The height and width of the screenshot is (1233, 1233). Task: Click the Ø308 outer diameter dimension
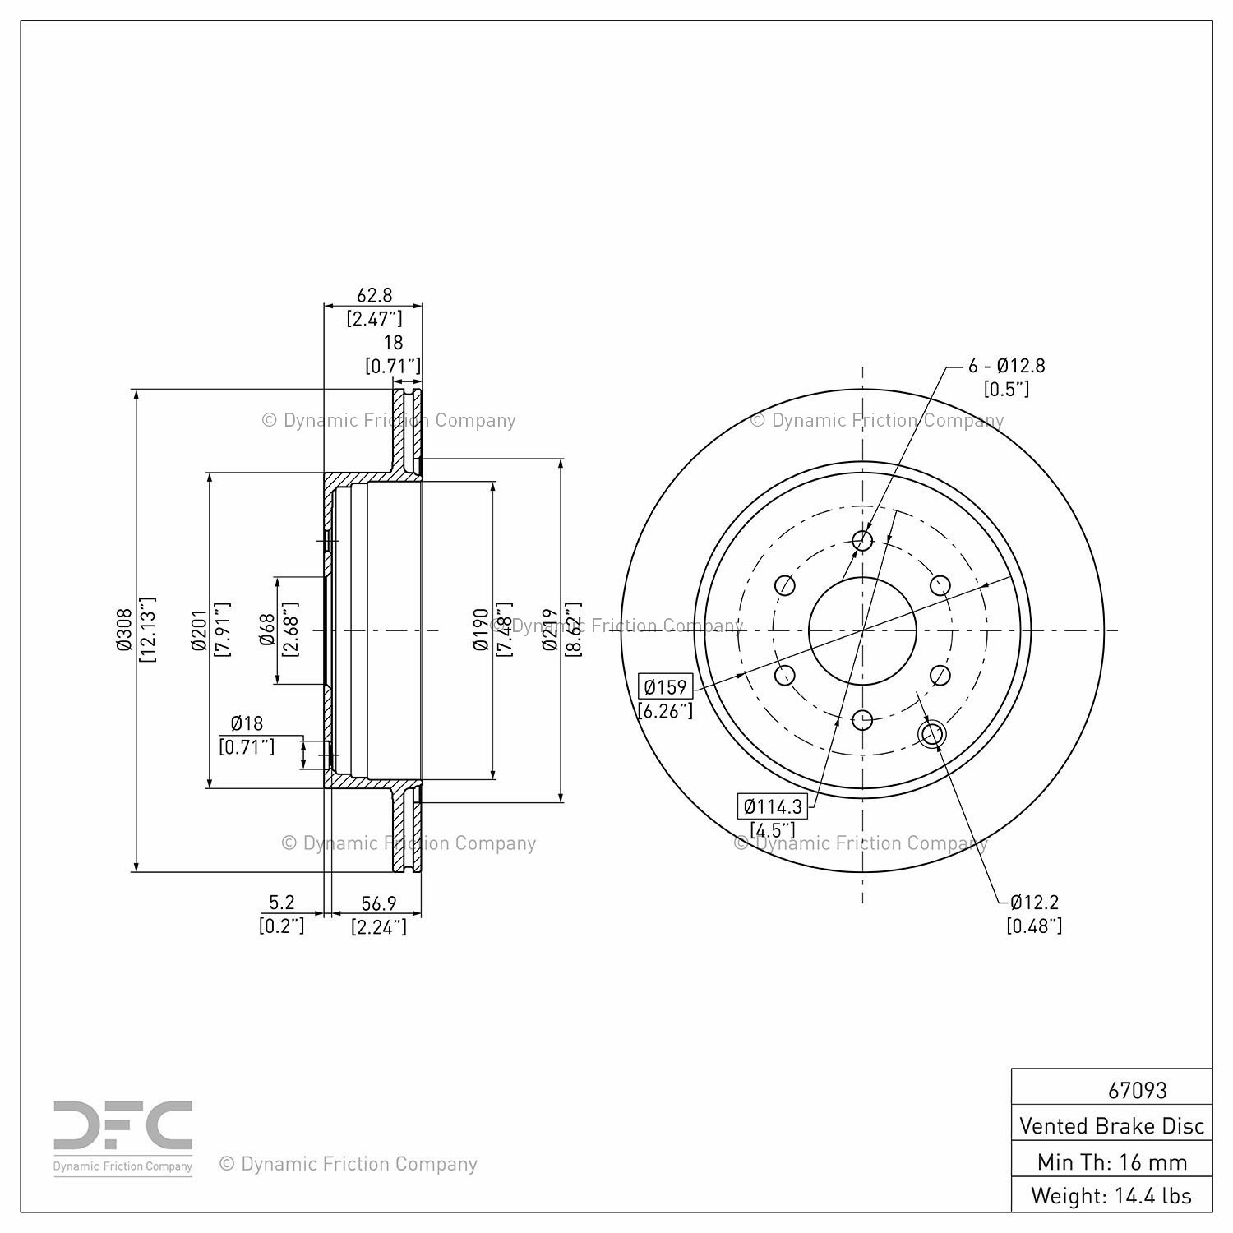click(124, 630)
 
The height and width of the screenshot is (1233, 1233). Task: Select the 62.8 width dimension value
click(374, 294)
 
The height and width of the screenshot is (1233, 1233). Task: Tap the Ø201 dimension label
click(199, 630)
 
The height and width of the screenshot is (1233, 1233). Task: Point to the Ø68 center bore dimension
click(266, 630)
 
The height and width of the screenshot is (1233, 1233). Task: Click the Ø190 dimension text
click(482, 630)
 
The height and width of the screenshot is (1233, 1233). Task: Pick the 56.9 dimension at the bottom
click(379, 903)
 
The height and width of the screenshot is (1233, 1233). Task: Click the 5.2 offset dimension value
click(281, 903)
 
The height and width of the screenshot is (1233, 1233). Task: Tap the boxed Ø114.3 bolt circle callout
click(773, 806)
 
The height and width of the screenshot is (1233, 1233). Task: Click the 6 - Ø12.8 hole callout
click(1006, 366)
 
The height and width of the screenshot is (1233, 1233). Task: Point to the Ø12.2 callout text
click(1034, 902)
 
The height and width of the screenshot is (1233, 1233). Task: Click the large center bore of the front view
click(862, 630)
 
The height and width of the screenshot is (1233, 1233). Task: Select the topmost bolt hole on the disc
click(862, 540)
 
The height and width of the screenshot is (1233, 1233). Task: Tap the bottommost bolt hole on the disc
click(862, 721)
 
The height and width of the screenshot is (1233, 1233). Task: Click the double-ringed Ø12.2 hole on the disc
click(931, 734)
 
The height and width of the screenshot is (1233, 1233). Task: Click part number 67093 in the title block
click(1137, 1090)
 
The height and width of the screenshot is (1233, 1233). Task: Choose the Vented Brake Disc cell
click(1112, 1125)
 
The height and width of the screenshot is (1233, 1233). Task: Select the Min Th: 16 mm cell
click(1112, 1161)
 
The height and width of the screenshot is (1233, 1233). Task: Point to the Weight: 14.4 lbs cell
click(1112, 1195)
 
